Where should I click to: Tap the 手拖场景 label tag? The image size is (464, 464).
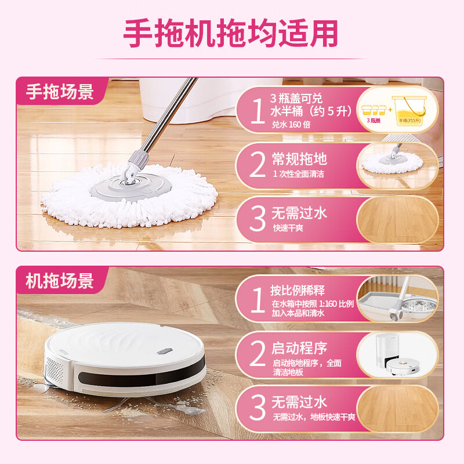click(60, 92)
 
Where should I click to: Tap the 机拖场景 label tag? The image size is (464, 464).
click(60, 281)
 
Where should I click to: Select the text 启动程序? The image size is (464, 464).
click(299, 348)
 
